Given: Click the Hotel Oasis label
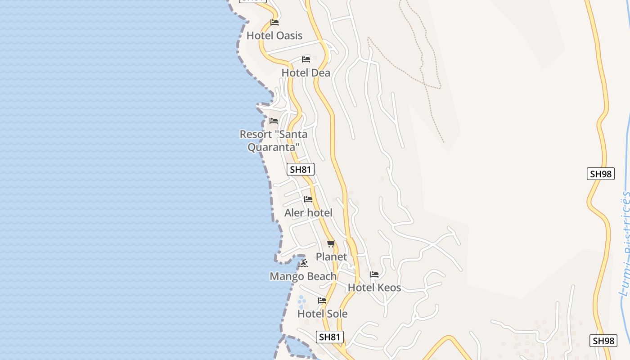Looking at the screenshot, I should click(274, 36).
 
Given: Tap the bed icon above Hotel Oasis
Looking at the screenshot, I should click(274, 22).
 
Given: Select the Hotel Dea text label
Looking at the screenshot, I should click(306, 73).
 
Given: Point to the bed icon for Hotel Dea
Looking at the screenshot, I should click(306, 59).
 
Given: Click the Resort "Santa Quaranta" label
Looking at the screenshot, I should click(274, 140).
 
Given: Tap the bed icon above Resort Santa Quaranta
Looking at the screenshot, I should click(274, 121).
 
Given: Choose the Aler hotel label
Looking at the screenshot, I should click(308, 213).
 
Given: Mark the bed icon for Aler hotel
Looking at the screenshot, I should click(308, 199).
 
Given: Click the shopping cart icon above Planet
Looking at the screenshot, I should click(331, 244).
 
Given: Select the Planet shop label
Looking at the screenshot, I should click(331, 257).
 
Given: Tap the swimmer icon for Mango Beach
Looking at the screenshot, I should click(304, 263).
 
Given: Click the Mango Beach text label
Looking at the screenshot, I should click(303, 276).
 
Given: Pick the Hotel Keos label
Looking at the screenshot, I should click(374, 288).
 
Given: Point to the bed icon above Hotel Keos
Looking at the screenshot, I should click(374, 274).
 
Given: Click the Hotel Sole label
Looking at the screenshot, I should click(322, 314).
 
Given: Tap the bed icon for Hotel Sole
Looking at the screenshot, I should click(322, 301).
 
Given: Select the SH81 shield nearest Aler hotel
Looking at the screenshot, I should click(300, 170).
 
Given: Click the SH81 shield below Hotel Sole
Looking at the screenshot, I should click(330, 337).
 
